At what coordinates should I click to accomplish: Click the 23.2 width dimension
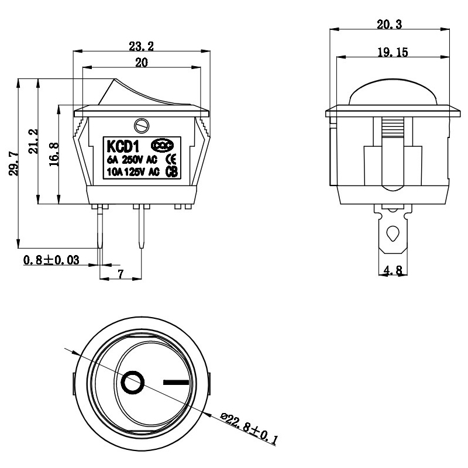(x=140, y=44)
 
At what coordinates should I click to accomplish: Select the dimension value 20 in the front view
(x=141, y=63)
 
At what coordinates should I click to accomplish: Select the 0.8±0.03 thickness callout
(x=51, y=260)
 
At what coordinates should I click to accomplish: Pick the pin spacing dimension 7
(x=121, y=274)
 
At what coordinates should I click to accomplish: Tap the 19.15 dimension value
(x=393, y=52)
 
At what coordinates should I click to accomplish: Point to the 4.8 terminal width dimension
(x=393, y=270)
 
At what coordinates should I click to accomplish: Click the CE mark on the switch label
(x=172, y=159)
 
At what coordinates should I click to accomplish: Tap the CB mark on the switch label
(x=172, y=171)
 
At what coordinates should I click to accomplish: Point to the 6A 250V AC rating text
(x=133, y=159)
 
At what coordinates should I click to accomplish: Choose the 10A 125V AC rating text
(x=133, y=172)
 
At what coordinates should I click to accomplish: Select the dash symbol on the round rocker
(x=177, y=383)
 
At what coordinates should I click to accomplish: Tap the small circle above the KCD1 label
(x=140, y=125)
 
